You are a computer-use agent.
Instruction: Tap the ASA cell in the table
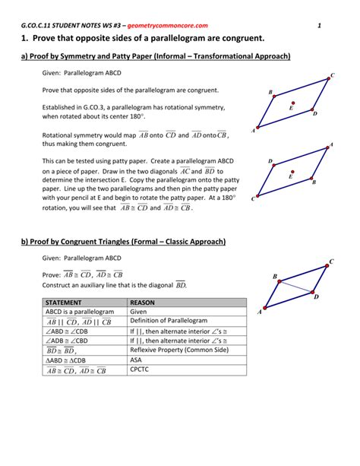click(136, 360)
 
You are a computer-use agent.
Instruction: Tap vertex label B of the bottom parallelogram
click(275, 276)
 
